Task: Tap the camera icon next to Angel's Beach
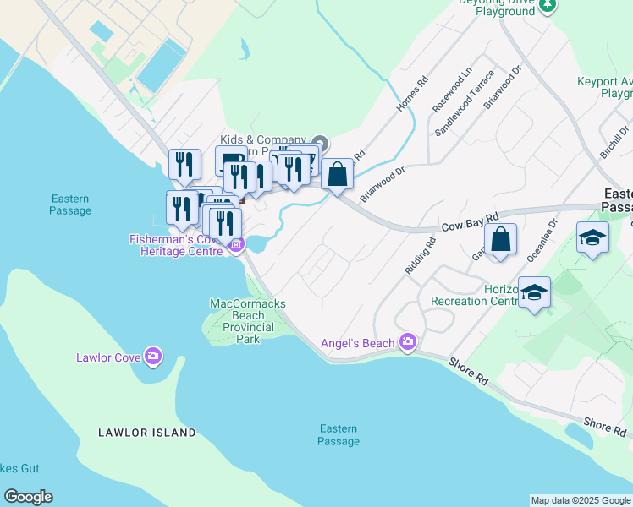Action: [x=408, y=341]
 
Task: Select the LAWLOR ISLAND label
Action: [x=147, y=433]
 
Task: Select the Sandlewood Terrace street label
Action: [x=464, y=110]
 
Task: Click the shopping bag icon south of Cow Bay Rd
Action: [x=500, y=239]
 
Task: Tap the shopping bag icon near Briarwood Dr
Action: [x=337, y=175]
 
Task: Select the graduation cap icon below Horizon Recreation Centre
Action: [x=534, y=292]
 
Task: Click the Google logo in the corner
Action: [x=28, y=497]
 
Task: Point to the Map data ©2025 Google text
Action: [x=581, y=500]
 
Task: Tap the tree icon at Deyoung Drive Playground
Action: [x=548, y=5]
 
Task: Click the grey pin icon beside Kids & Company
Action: [x=319, y=141]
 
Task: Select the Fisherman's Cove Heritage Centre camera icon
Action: [x=236, y=246]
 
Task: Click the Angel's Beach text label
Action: [x=357, y=343]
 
